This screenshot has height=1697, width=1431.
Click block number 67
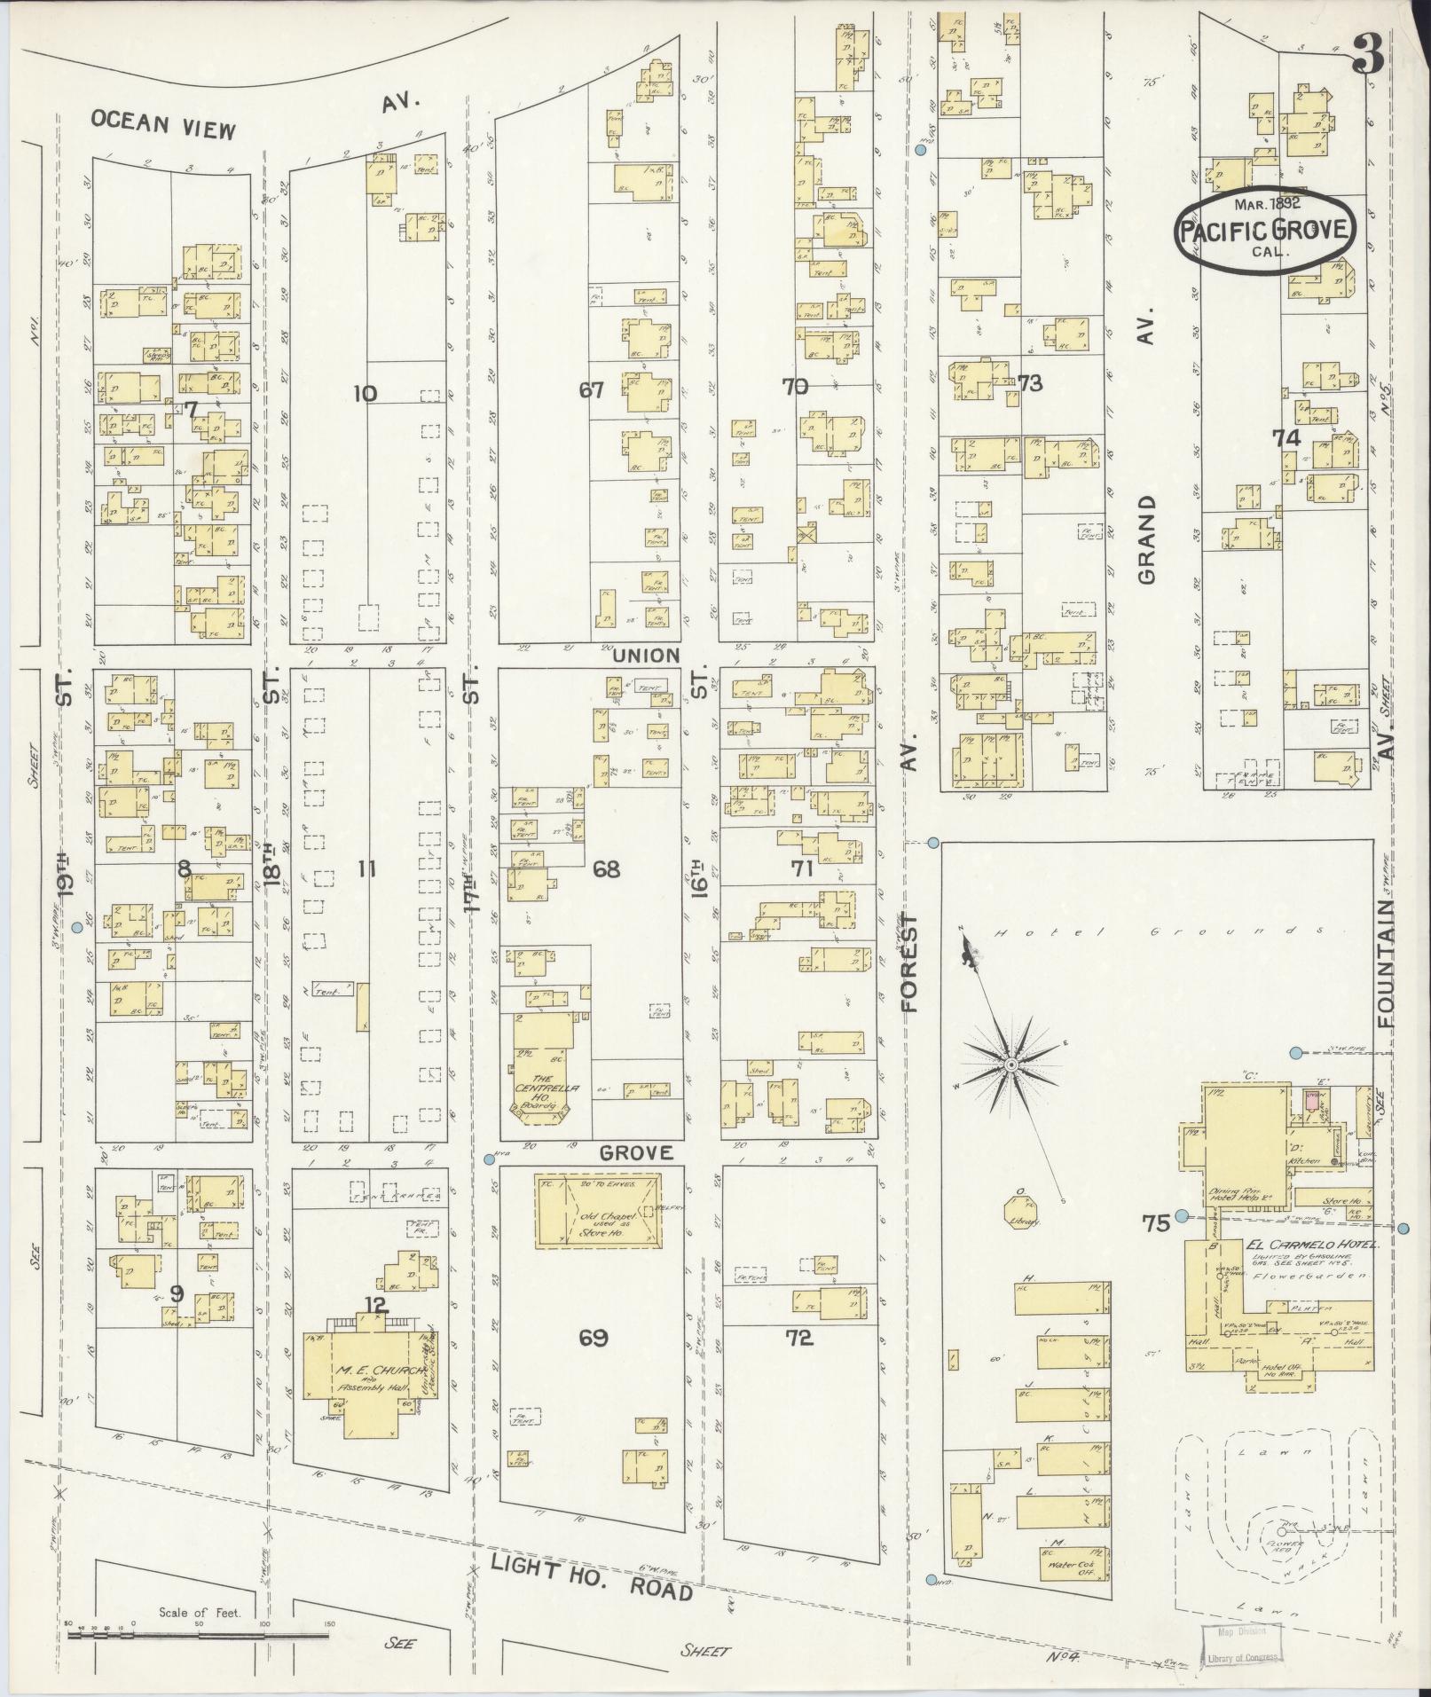(x=591, y=389)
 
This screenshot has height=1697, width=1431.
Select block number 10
(x=365, y=393)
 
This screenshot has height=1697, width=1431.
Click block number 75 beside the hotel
(x=1156, y=1224)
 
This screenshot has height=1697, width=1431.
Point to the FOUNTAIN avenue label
(x=1387, y=964)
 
